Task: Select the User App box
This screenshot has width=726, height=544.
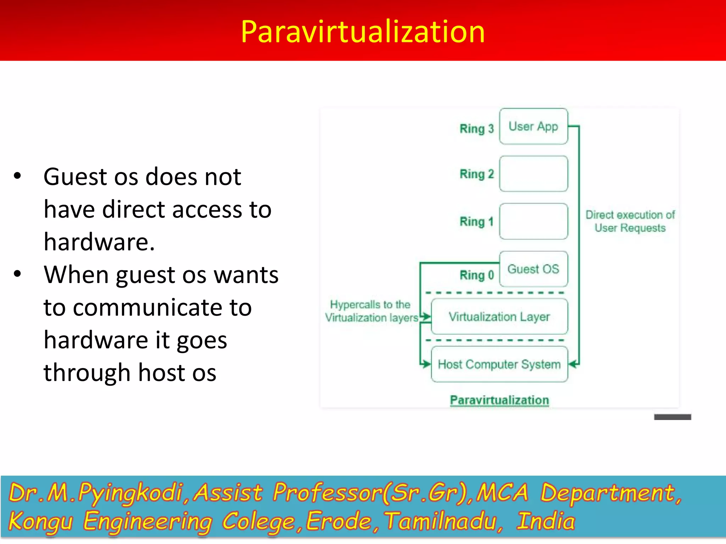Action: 533,126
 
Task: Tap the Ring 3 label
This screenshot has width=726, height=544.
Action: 476,129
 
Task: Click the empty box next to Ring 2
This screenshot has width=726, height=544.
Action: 533,174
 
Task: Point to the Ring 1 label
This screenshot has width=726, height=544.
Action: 476,222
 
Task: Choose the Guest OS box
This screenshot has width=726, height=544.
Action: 533,269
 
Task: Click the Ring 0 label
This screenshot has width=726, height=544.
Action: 476,275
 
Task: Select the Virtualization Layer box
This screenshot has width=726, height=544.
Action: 499,317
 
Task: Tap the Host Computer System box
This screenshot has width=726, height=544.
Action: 499,364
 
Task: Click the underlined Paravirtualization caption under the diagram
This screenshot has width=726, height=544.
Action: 499,400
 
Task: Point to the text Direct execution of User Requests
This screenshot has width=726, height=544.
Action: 630,221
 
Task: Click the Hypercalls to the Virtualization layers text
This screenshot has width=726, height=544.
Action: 371,311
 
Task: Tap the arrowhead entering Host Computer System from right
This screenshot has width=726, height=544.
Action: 572,364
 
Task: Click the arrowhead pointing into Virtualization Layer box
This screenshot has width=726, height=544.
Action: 427,317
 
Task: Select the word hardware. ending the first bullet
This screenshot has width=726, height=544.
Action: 99,242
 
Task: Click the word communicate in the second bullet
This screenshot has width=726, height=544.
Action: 148,307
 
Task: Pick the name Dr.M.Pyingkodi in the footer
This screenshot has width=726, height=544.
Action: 96,493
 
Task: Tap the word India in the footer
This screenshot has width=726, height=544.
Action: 546,521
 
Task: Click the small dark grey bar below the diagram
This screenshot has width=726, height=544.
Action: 672,417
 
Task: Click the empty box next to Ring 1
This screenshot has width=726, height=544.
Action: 533,222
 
